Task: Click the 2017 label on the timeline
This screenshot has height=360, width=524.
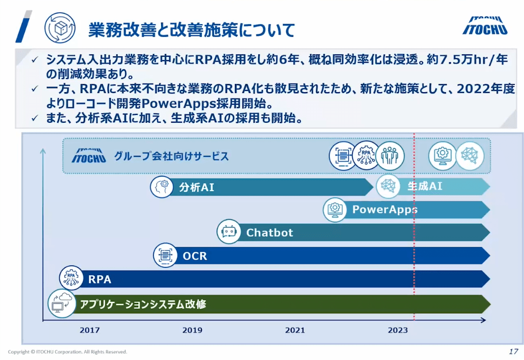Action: tap(90, 330)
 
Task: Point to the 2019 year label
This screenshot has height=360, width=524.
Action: tap(192, 330)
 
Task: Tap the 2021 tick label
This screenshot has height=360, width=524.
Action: tap(295, 330)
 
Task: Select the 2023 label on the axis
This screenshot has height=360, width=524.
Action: tap(398, 330)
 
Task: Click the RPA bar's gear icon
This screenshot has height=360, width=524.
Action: tap(71, 278)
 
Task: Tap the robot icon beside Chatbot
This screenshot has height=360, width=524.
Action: tap(229, 231)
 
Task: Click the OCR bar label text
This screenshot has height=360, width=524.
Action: tap(195, 256)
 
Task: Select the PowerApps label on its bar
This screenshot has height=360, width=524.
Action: tap(385, 210)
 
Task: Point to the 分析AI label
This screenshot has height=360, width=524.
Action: tap(196, 187)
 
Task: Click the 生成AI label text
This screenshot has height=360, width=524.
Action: tap(425, 186)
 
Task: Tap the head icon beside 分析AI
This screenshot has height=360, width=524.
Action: tap(162, 186)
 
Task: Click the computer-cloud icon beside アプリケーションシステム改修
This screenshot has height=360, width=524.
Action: tap(62, 304)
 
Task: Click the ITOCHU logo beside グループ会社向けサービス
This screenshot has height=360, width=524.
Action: tap(89, 156)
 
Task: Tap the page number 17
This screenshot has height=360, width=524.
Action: tap(513, 351)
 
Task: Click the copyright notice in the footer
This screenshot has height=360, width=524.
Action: tap(67, 352)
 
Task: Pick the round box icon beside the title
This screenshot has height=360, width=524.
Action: tap(60, 28)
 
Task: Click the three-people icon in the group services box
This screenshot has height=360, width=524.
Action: tap(390, 156)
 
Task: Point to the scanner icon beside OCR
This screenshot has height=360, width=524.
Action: tap(165, 255)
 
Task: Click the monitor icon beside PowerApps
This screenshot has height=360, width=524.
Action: tap(335, 210)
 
